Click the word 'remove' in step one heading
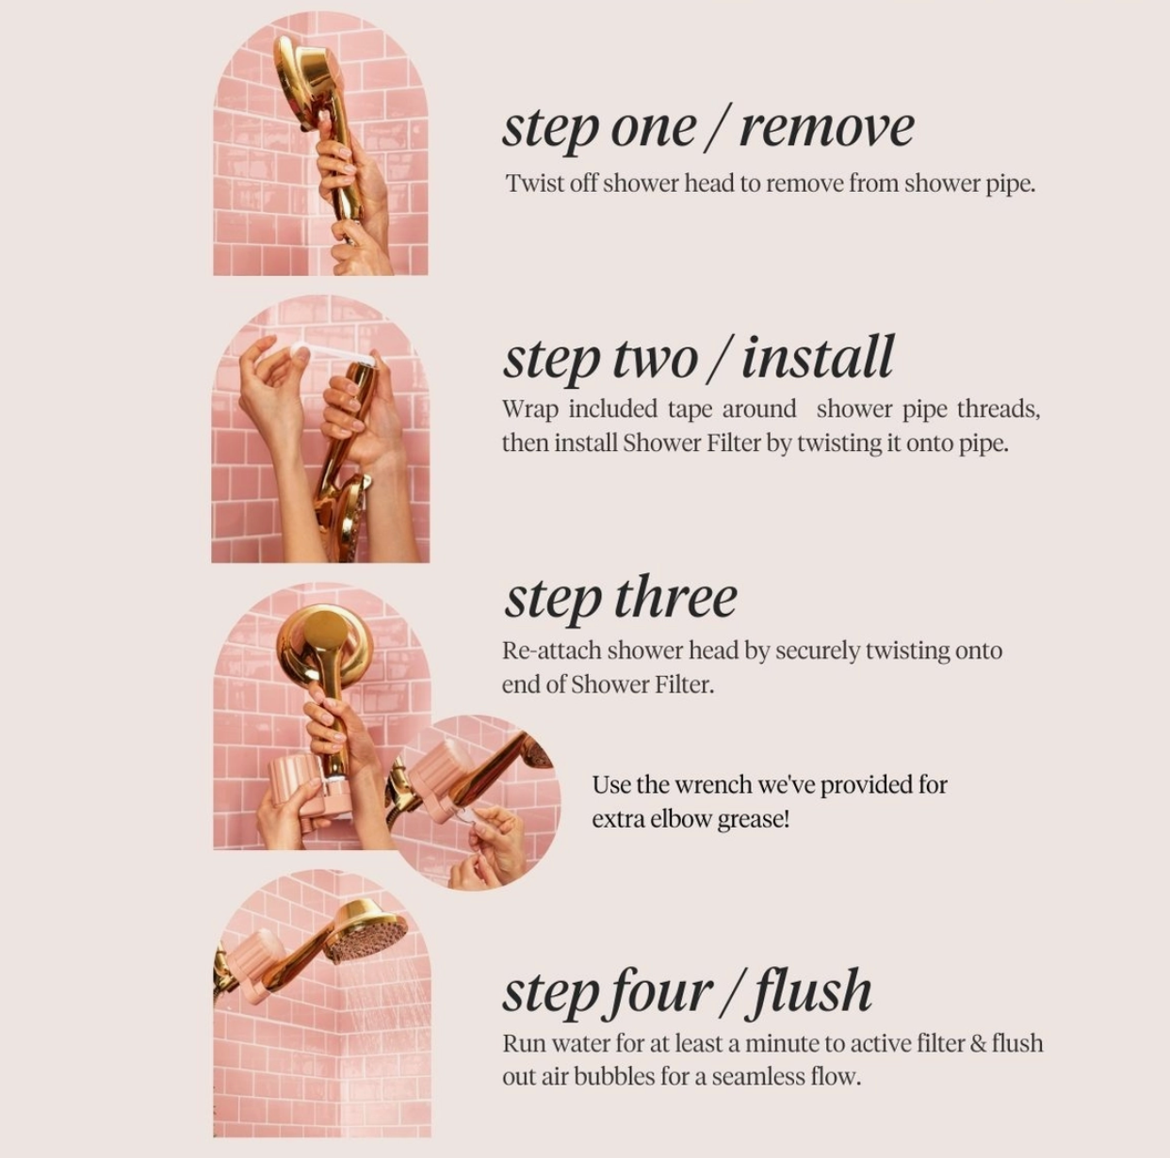pos(827,129)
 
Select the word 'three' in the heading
pos(676,597)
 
